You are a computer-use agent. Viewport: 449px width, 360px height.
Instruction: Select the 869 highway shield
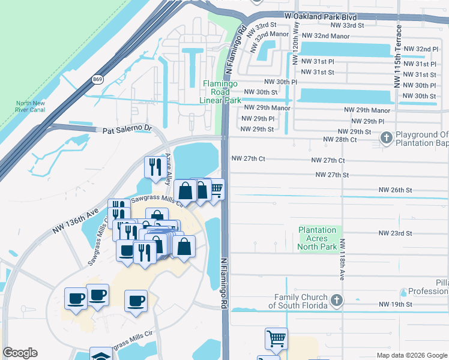click(97, 79)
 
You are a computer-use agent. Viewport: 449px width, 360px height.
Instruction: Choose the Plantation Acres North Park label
click(318, 238)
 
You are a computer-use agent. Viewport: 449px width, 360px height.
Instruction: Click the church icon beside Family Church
click(337, 301)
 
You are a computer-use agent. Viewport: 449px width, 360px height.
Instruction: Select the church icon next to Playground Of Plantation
click(386, 139)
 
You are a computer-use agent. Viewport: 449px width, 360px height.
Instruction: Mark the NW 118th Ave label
click(342, 261)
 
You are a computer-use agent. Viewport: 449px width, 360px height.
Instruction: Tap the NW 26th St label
click(395, 190)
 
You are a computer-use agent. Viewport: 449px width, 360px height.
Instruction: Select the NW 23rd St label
click(395, 233)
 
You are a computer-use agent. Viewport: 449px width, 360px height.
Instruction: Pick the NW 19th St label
click(395, 305)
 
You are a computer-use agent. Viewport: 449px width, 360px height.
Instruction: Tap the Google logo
click(20, 353)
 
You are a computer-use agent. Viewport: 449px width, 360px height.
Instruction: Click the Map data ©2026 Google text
click(411, 355)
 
